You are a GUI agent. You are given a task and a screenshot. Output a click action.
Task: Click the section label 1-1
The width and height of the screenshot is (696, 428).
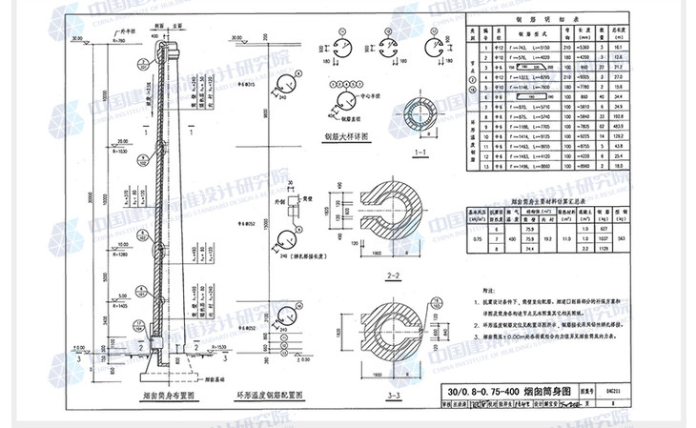click(419, 153)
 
